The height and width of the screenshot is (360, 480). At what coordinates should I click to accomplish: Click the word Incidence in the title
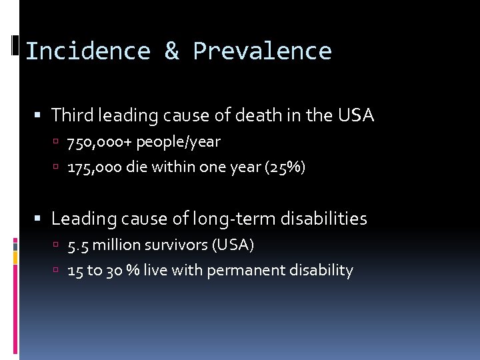pyautogui.click(x=87, y=51)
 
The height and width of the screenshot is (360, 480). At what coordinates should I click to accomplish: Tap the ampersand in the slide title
pyautogui.click(x=171, y=51)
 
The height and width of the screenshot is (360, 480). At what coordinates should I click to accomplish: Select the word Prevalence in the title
pyautogui.click(x=262, y=51)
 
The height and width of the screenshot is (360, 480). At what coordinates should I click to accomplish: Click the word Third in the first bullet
pyautogui.click(x=73, y=115)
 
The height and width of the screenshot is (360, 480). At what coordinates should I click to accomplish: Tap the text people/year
pyautogui.click(x=178, y=142)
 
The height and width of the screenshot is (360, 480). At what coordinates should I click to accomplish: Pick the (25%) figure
pyautogui.click(x=285, y=167)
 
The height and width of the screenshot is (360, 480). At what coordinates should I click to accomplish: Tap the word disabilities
pyautogui.click(x=327, y=219)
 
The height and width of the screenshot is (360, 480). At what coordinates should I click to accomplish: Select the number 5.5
pyautogui.click(x=78, y=245)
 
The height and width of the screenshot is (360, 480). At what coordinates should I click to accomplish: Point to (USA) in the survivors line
pyautogui.click(x=233, y=245)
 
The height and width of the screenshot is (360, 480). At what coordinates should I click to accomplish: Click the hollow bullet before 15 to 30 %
pyautogui.click(x=59, y=271)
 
